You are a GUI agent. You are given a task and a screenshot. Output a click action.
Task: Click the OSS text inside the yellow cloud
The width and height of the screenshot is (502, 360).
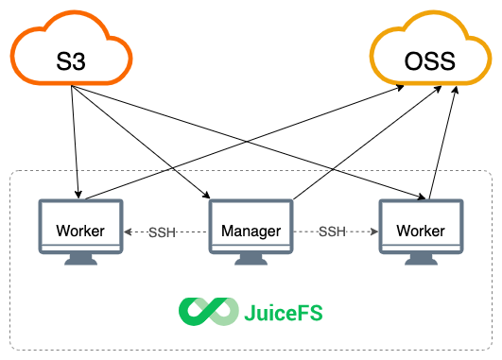(x=429, y=62)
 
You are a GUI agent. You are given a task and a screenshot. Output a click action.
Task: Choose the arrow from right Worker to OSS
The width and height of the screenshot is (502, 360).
(x=442, y=142)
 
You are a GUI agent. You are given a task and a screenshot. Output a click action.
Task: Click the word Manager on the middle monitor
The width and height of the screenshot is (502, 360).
(x=251, y=231)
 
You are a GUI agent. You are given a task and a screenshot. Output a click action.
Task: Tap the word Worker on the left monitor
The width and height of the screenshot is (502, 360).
(x=79, y=231)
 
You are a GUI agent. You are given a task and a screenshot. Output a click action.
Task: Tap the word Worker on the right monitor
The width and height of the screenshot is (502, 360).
(x=421, y=231)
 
